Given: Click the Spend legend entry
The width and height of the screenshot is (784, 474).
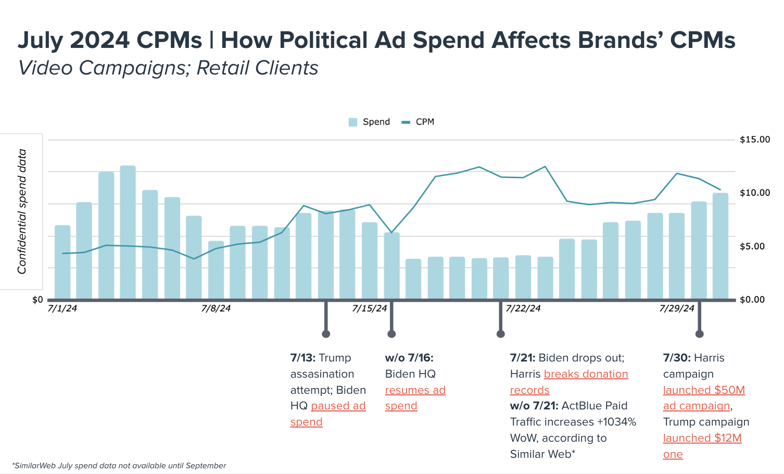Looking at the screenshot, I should click(x=369, y=122).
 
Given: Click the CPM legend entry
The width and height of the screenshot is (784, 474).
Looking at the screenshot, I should click(x=418, y=122).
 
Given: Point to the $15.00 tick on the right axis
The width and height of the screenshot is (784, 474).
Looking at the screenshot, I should click(x=754, y=140).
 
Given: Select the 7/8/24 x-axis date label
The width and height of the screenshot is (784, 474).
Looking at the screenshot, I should click(x=216, y=308).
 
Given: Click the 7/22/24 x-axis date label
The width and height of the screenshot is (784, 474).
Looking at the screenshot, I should click(x=523, y=308).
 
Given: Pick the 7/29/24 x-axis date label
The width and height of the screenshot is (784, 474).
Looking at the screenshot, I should click(x=677, y=308).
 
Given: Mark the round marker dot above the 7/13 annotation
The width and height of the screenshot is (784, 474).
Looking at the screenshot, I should click(x=326, y=334).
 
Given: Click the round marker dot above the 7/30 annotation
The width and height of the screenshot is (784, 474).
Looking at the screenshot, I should click(x=699, y=334).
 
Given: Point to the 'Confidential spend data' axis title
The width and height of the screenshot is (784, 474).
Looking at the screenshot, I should click(x=22, y=211).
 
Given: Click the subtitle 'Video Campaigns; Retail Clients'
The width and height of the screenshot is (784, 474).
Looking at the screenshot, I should click(x=168, y=68).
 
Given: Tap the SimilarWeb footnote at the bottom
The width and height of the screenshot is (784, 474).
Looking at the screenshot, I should click(x=119, y=466).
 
